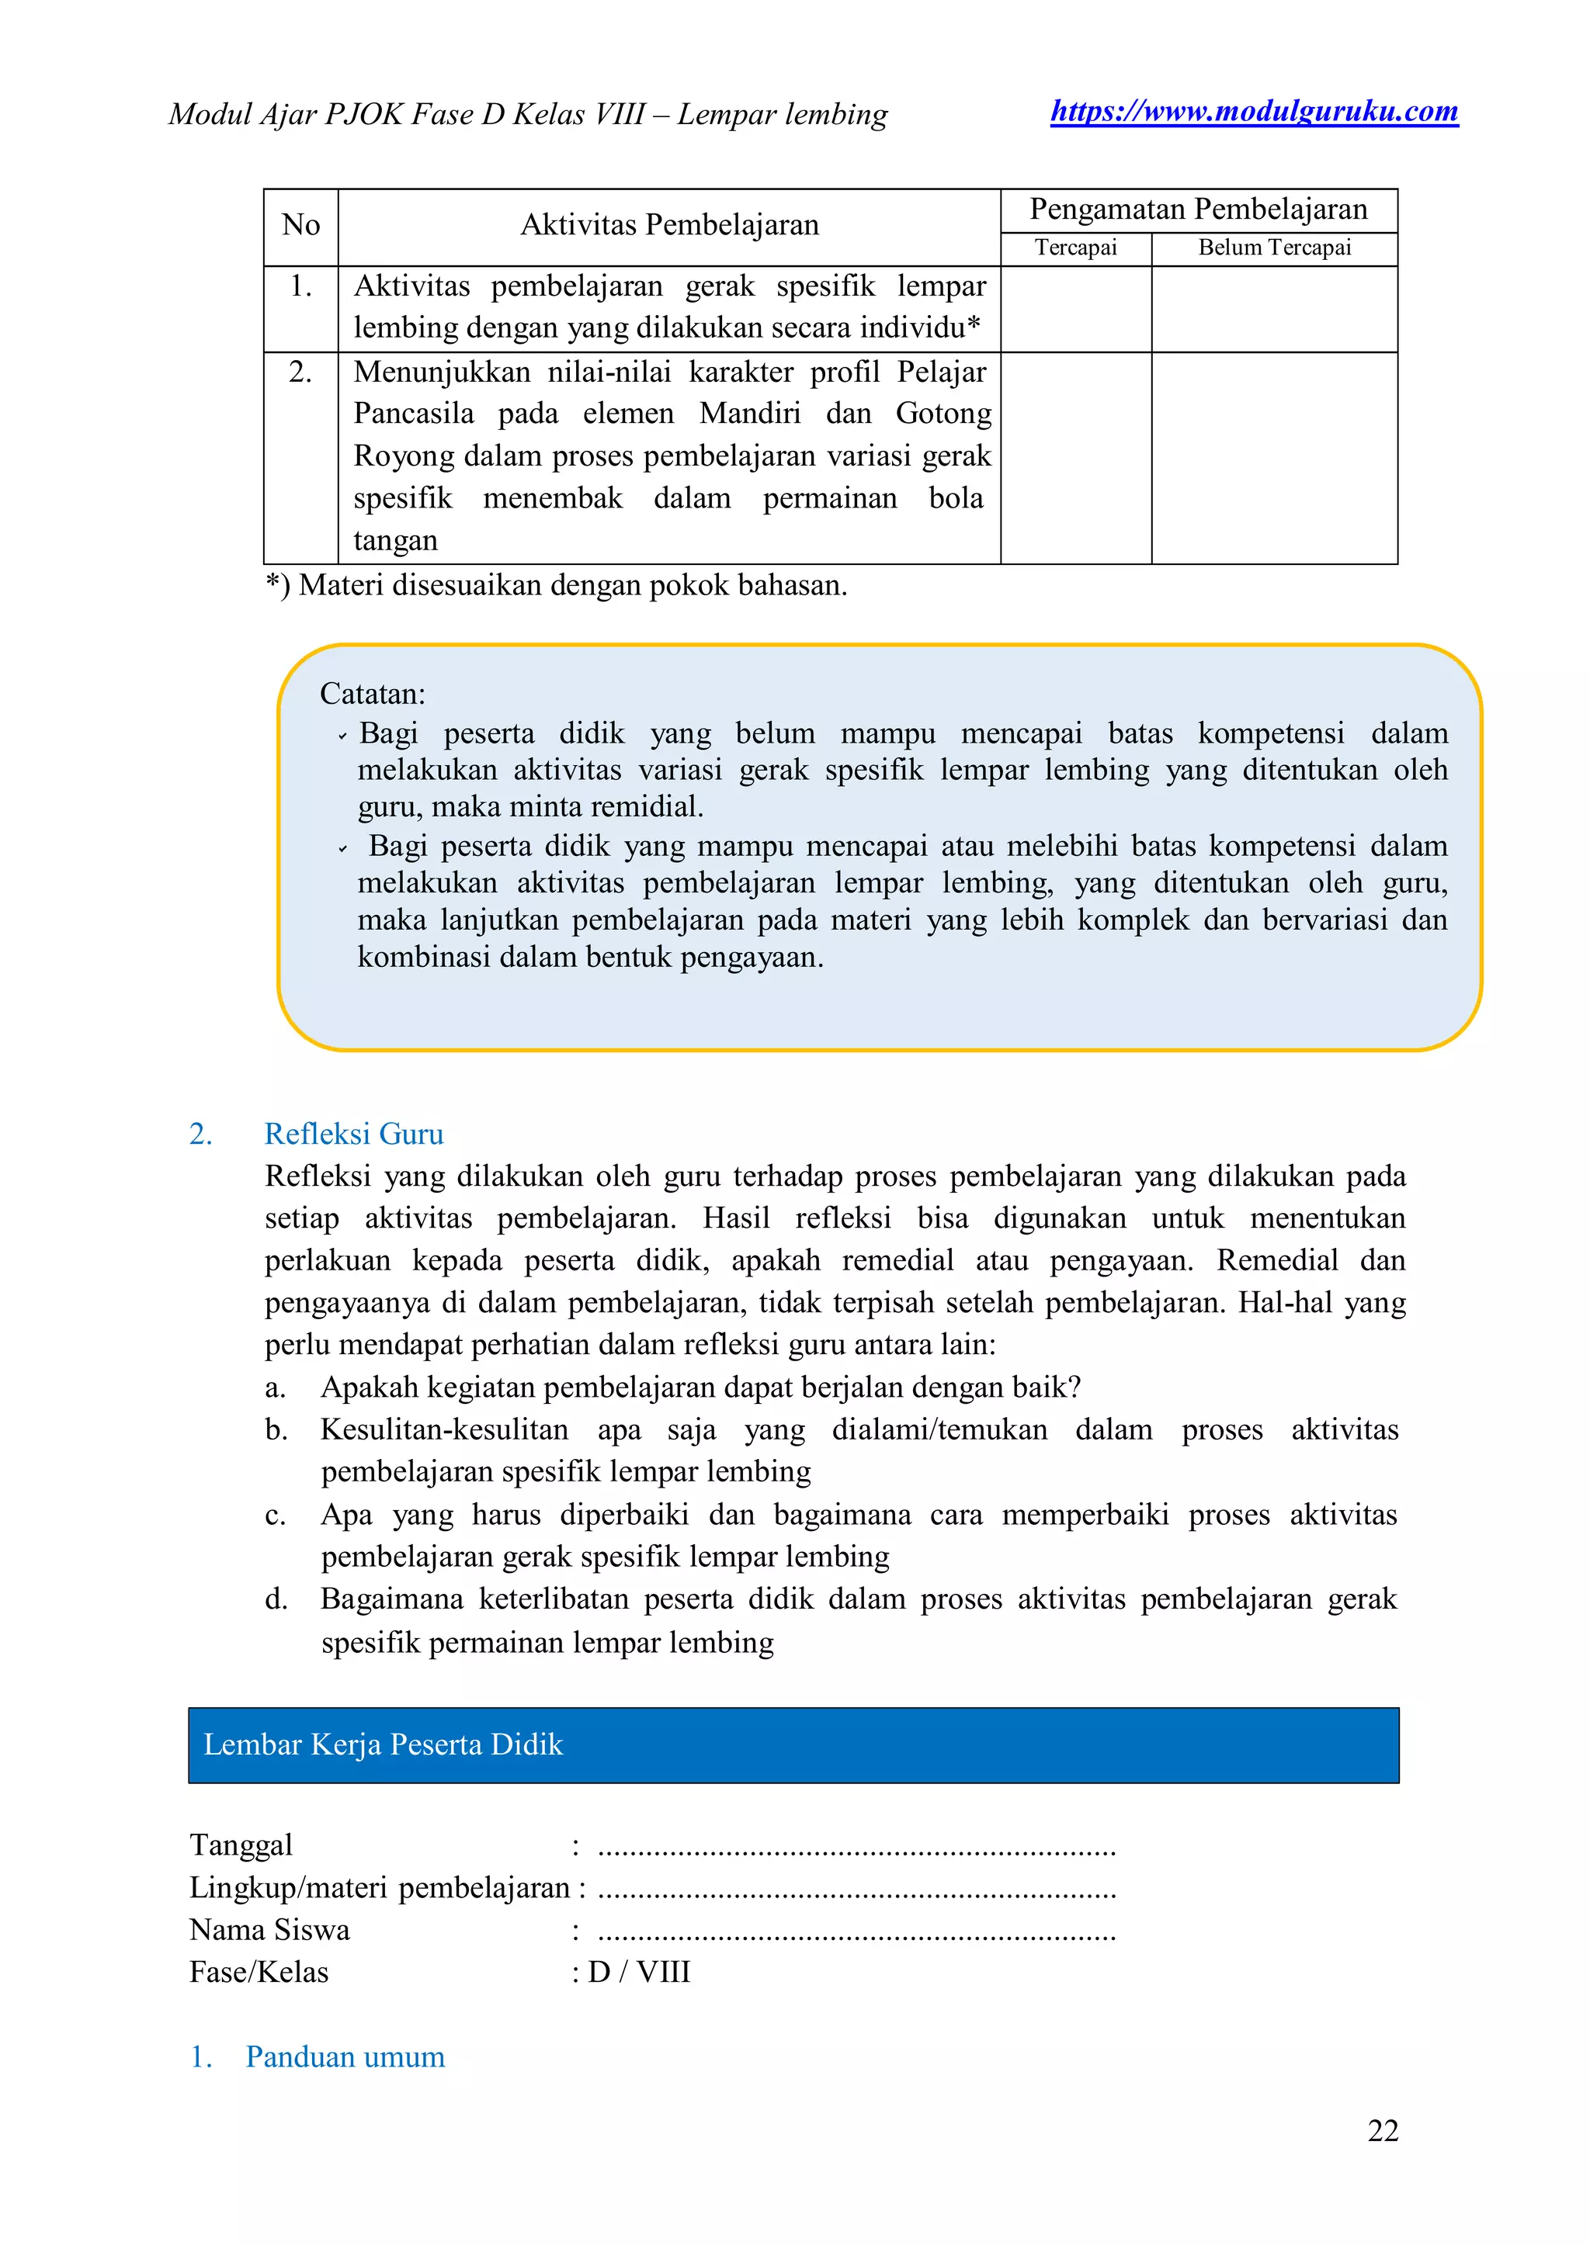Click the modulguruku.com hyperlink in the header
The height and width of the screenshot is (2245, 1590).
[1253, 112]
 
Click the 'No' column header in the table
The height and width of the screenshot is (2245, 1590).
[300, 225]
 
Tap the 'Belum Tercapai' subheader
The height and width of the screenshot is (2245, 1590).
[1274, 248]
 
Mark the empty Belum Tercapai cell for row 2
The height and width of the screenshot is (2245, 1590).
[1274, 457]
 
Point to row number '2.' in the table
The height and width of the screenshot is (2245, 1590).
[300, 372]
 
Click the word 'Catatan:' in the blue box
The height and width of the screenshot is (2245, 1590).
[372, 694]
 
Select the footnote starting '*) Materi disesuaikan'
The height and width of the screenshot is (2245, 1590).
[555, 585]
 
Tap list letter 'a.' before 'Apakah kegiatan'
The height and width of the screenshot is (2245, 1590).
[275, 1387]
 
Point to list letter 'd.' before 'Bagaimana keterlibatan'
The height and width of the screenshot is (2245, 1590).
[275, 1599]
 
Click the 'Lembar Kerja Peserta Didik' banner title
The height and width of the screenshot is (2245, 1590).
[383, 1745]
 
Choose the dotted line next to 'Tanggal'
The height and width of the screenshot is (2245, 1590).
[856, 1848]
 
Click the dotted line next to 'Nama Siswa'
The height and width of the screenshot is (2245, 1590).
[856, 1933]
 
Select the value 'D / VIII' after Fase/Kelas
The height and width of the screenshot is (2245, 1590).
[638, 1972]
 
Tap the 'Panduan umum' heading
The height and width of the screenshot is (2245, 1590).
[345, 2057]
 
